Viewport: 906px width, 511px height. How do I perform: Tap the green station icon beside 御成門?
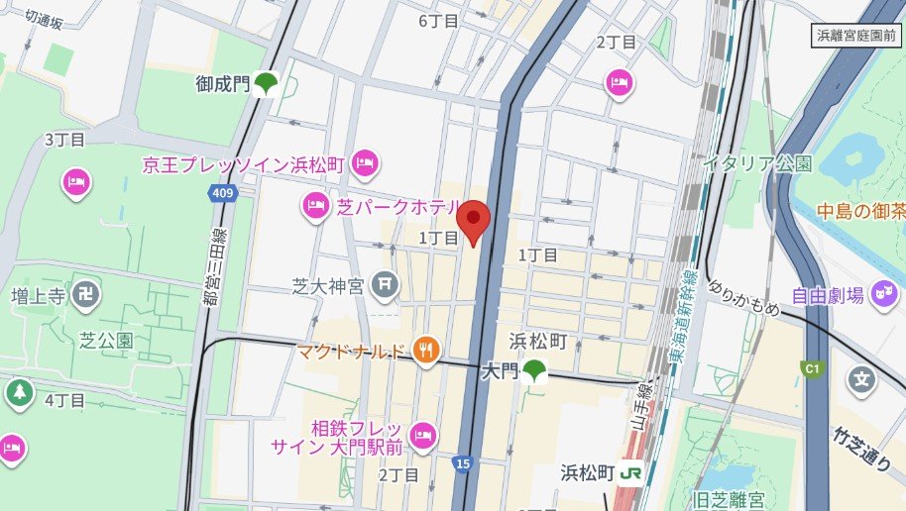(x=265, y=85)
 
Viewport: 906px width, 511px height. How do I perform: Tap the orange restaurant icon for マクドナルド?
(x=427, y=350)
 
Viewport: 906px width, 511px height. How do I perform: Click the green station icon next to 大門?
(x=535, y=372)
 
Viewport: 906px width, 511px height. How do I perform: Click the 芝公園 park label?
(x=106, y=341)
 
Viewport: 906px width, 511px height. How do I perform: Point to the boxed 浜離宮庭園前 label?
(x=853, y=35)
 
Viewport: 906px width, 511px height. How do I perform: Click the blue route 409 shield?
(x=224, y=194)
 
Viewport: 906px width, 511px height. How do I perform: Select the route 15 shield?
(x=463, y=462)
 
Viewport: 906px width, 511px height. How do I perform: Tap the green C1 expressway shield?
(x=813, y=369)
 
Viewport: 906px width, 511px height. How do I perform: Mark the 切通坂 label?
(x=44, y=19)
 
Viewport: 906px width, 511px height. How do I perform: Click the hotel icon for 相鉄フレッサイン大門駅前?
(x=423, y=435)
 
